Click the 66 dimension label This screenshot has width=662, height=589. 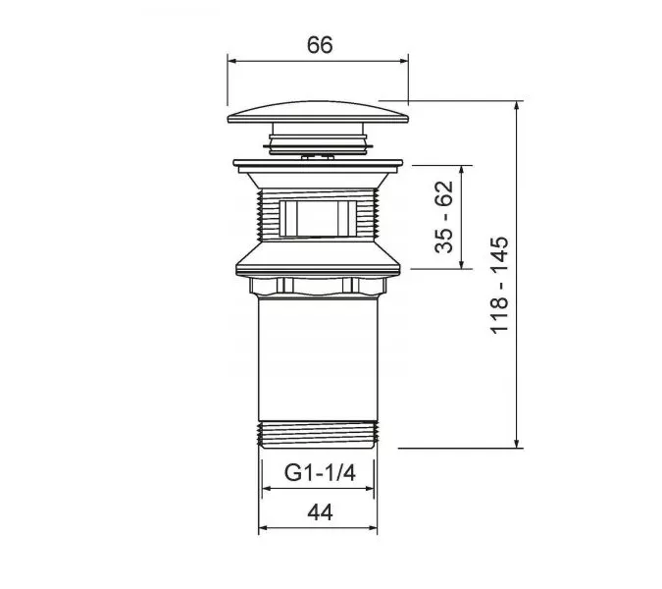click(x=320, y=45)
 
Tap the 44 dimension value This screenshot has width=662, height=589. click(x=320, y=513)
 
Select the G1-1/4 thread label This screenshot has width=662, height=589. click(x=320, y=473)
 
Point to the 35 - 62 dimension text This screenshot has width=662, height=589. click(x=443, y=217)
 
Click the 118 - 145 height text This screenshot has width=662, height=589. click(x=499, y=286)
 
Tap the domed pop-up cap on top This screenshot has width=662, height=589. click(x=318, y=112)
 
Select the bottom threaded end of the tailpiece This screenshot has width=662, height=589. click(x=318, y=434)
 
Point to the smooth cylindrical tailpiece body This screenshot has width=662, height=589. click(x=318, y=359)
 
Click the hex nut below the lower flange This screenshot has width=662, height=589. click(x=318, y=286)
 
